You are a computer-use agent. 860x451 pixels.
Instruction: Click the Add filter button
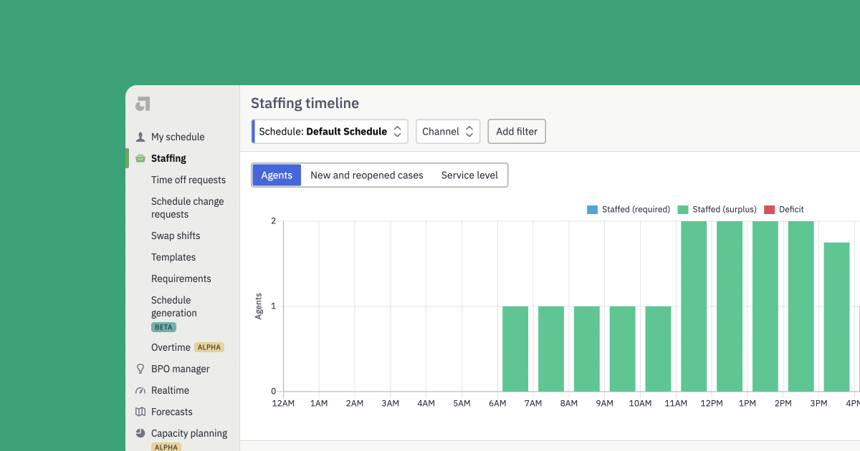516,132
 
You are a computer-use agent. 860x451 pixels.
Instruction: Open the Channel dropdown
448,132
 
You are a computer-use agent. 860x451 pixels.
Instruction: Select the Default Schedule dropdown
330,132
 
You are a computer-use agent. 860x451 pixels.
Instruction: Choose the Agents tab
277,175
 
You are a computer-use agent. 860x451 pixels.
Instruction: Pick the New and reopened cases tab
367,175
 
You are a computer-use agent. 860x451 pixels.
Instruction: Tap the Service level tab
469,175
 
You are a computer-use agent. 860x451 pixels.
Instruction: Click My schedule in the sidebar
178,137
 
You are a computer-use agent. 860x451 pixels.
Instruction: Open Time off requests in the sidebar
188,180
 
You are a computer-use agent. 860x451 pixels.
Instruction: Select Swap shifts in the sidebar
176,236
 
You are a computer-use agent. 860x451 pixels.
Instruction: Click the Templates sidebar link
173,257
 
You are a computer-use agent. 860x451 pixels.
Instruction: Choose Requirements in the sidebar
181,278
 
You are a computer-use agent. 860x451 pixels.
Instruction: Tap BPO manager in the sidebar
181,369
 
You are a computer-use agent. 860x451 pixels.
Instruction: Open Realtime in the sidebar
171,390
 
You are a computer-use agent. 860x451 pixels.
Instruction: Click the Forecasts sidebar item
172,412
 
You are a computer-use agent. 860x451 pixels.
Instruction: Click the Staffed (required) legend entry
629,210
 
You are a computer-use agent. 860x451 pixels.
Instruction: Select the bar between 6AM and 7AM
515,349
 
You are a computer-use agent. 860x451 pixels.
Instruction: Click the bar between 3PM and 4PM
836,316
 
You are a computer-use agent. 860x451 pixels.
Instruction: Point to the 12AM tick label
283,404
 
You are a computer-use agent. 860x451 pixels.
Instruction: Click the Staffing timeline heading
305,104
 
